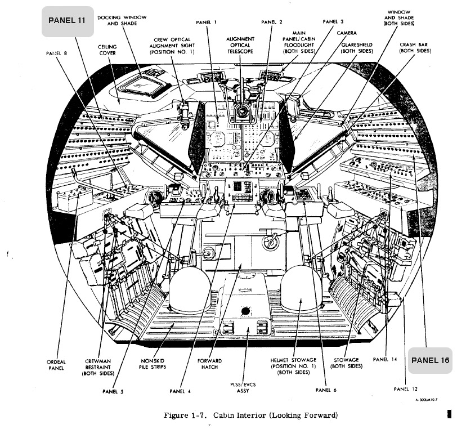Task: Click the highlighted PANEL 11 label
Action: (67, 21)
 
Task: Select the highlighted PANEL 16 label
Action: (431, 360)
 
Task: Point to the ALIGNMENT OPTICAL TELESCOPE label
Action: (241, 45)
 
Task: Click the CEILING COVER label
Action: (107, 50)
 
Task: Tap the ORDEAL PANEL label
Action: (56, 365)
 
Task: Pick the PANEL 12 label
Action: (405, 388)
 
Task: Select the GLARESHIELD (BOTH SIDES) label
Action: (357, 47)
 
